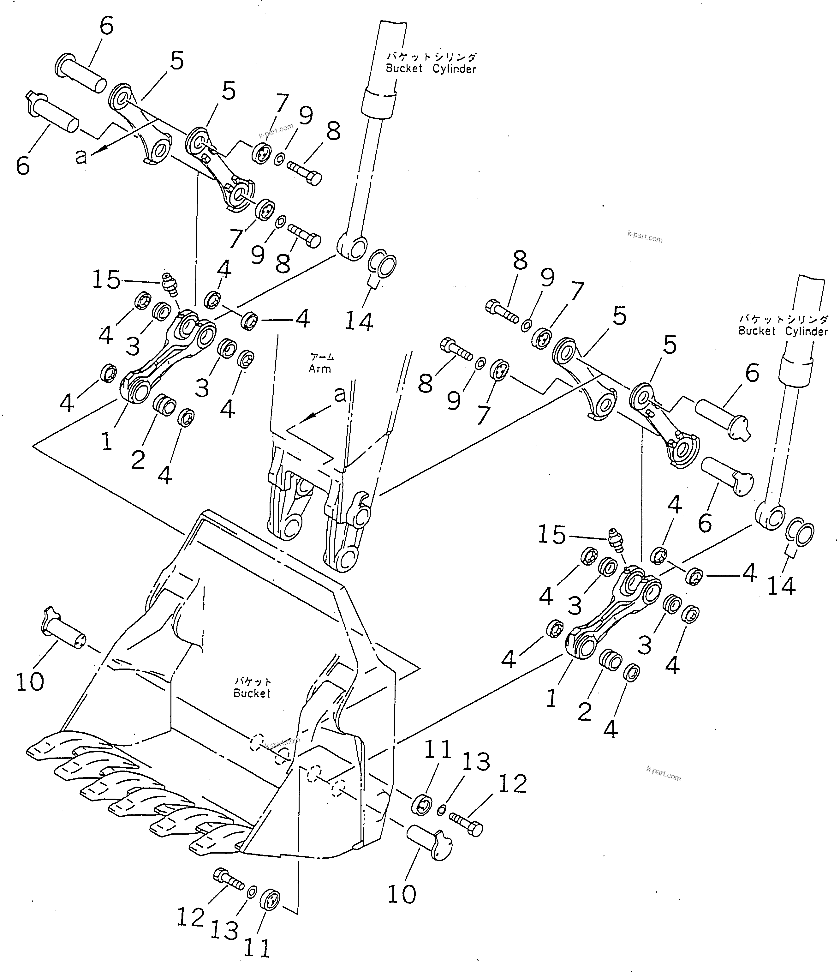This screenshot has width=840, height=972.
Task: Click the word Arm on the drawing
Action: pos(319,369)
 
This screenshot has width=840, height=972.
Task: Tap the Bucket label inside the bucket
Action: pos(252,693)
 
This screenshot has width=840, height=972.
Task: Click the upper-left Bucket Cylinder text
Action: pos(431,69)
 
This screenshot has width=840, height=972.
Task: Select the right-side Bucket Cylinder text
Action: pos(783,331)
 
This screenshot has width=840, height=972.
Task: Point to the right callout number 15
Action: pos(551,534)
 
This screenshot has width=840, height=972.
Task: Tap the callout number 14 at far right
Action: pos(781,586)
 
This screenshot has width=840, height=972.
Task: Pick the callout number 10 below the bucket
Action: pos(402,895)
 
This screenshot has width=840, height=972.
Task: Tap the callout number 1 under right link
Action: pos(551,699)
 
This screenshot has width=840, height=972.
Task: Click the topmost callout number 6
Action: pos(106,26)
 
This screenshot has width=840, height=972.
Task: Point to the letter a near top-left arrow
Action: pos(81,156)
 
